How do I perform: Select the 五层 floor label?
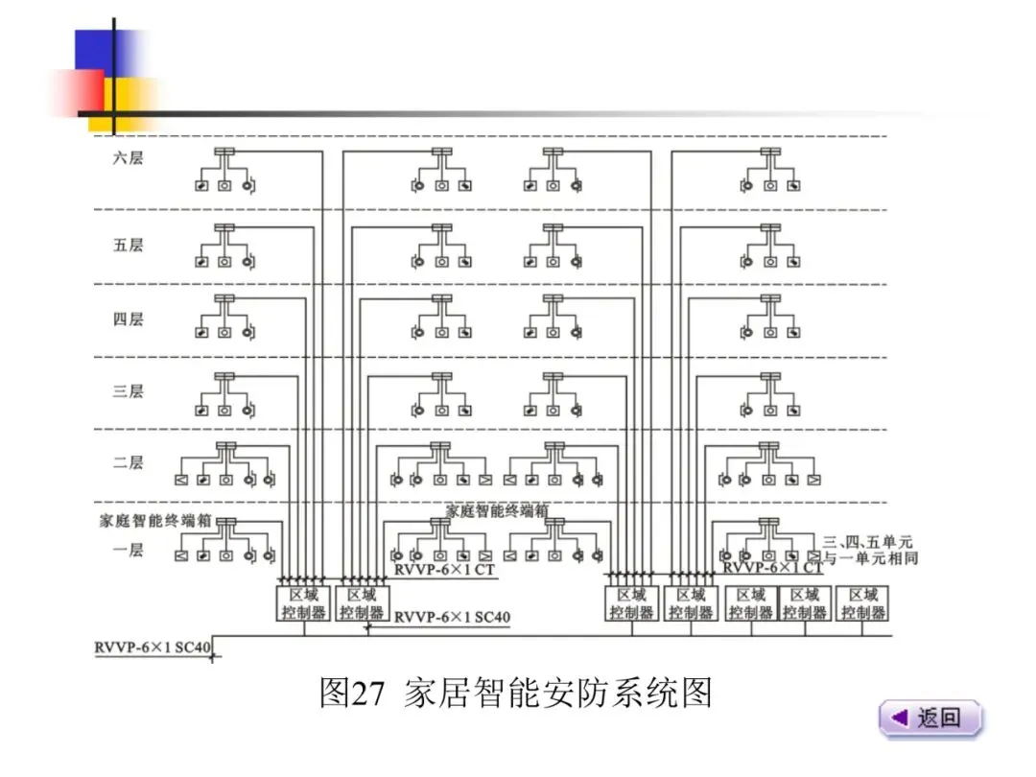128,246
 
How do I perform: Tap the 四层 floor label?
128,319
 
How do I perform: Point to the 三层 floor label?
128,391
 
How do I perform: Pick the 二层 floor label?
128,462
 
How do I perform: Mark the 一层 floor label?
128,550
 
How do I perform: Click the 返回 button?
930,718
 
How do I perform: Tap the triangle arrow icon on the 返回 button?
899,718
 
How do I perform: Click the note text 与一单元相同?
869,557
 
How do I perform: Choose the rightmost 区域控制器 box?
862,603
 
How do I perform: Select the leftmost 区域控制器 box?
303,603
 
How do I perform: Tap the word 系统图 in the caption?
671,692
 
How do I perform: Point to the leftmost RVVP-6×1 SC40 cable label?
152,647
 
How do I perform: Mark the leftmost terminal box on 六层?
224,153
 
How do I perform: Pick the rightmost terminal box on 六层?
769,153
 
